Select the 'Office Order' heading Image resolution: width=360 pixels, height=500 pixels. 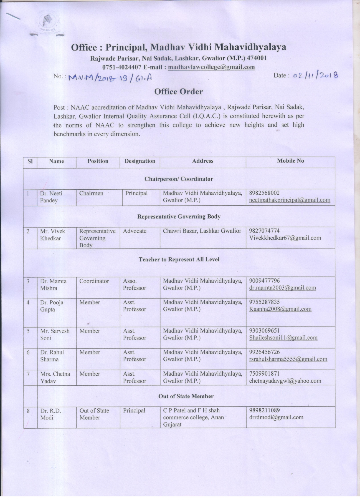[179, 91]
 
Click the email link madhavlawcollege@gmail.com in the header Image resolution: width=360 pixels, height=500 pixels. [211, 67]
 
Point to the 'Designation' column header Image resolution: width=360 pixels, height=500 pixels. [140, 161]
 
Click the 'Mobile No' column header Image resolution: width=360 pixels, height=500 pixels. [290, 161]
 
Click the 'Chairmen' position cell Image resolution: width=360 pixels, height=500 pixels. [91, 193]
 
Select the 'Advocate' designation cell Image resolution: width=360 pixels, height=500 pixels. [135, 231]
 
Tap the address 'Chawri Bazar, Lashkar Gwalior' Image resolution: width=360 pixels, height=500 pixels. [202, 231]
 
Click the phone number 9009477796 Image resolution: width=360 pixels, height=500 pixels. [264, 281]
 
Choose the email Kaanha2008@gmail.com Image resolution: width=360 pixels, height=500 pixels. [280, 309]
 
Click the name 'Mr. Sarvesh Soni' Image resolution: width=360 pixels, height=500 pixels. [55, 335]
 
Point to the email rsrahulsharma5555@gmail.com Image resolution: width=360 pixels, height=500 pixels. [288, 359]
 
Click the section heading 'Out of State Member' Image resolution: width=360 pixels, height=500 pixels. [186, 396]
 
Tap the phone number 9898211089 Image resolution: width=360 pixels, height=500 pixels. [264, 410]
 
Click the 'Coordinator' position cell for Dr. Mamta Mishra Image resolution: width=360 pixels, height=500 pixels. [94, 281]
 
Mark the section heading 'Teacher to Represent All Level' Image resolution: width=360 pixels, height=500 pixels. [179, 260]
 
